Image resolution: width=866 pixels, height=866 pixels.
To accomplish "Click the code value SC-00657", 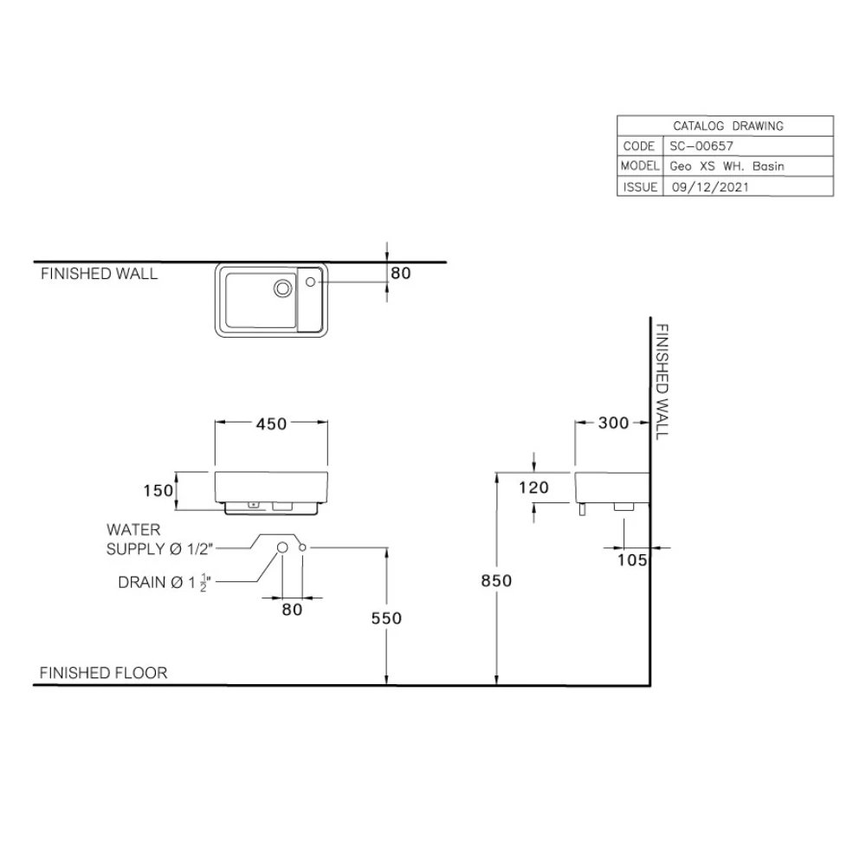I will pyautogui.click(x=701, y=146).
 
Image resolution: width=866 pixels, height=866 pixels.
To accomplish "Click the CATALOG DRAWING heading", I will pyautogui.click(x=727, y=126).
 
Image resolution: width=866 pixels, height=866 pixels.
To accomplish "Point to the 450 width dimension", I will pyautogui.click(x=272, y=423).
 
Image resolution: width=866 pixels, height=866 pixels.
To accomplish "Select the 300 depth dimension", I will pyautogui.click(x=614, y=423).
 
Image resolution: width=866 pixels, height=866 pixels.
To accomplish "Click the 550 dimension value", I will pyautogui.click(x=387, y=617).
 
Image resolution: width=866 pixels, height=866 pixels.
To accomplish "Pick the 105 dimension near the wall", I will pyautogui.click(x=632, y=560).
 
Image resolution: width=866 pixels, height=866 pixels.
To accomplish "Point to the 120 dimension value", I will pyautogui.click(x=534, y=488).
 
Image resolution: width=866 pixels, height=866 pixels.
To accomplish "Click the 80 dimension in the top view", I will pyautogui.click(x=400, y=273).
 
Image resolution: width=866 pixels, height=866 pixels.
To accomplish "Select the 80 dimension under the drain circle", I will pyautogui.click(x=292, y=610).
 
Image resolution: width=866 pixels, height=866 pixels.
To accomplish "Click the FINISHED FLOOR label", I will pyautogui.click(x=103, y=672).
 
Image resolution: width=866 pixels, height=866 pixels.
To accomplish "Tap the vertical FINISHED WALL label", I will pyautogui.click(x=662, y=381).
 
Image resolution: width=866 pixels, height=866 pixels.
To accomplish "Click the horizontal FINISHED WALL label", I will pyautogui.click(x=100, y=274).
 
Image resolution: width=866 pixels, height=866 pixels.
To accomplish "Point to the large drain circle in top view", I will pyautogui.click(x=283, y=288).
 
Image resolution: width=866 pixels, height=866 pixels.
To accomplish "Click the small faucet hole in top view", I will pyautogui.click(x=313, y=280).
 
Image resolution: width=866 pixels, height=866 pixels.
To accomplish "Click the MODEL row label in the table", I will pyautogui.click(x=640, y=166).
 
